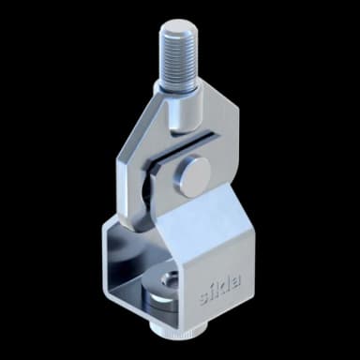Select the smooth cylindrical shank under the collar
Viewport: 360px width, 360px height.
tap(187, 112)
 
